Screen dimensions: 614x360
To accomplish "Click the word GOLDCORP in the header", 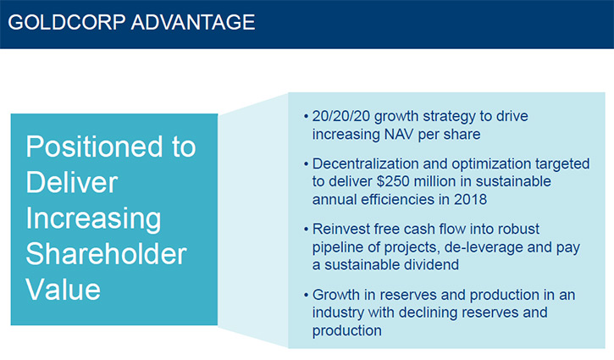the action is (67, 22).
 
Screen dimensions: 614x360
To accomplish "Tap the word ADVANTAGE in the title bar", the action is (193, 22).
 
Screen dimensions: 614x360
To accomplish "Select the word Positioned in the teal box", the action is (94, 147).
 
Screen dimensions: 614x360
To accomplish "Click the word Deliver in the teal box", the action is (72, 182).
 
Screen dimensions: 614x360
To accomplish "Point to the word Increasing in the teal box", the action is (94, 219).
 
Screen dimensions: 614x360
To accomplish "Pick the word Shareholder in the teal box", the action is (106, 254).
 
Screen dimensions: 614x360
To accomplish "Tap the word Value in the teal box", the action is (64, 290).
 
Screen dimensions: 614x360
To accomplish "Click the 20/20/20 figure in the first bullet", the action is (341, 116).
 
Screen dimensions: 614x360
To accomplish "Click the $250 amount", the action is (393, 181).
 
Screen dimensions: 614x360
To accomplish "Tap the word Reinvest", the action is (339, 229).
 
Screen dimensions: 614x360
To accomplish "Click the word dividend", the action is (434, 265).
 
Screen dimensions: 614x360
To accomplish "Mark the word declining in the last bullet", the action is (428, 313).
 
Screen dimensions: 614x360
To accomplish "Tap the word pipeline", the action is (338, 247).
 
